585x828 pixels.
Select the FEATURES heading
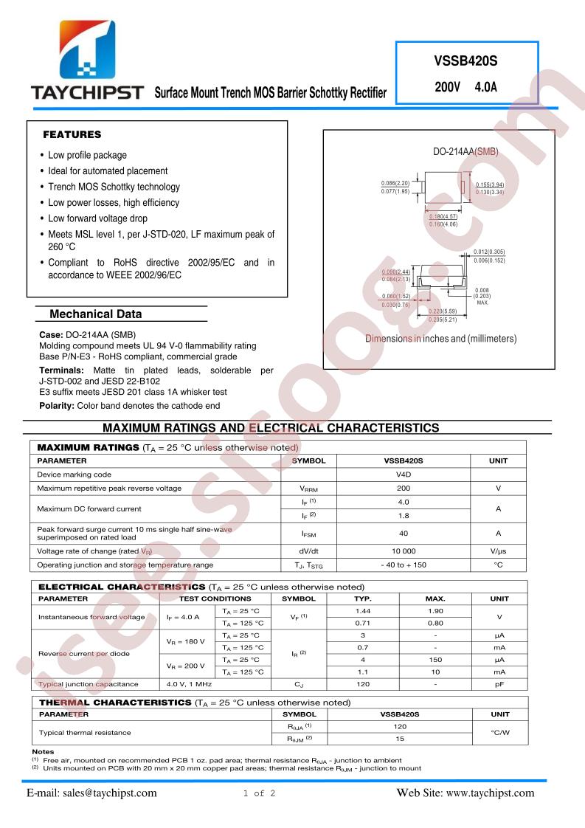pyautogui.click(x=72, y=135)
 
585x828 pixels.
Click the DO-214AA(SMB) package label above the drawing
pyautogui.click(x=465, y=151)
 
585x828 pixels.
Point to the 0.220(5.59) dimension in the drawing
pyautogui.click(x=443, y=311)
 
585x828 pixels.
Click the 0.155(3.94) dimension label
pyautogui.click(x=489, y=184)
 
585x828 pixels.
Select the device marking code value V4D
pyautogui.click(x=403, y=475)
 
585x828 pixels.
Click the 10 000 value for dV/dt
pyautogui.click(x=403, y=551)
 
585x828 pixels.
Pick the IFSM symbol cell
pyautogui.click(x=308, y=534)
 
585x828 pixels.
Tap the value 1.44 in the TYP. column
pyautogui.click(x=363, y=611)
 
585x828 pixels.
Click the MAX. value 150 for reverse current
pyautogui.click(x=435, y=660)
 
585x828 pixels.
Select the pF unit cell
pyautogui.click(x=499, y=684)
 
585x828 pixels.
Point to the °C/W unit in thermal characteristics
pyautogui.click(x=499, y=733)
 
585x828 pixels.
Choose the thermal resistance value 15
pyautogui.click(x=400, y=739)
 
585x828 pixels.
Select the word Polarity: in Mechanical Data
pyautogui.click(x=56, y=406)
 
